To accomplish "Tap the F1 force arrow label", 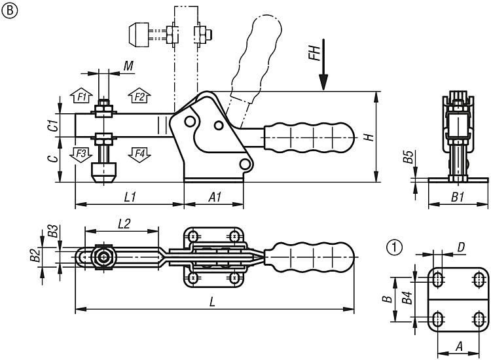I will pos(81,96).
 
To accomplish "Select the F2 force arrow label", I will pos(138,96).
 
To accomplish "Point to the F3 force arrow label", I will pos(81,154).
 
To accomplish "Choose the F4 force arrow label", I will pos(138,154).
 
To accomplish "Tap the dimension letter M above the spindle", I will pos(128,66).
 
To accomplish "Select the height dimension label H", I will pos(368,137).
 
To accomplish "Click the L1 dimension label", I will pos(128,196).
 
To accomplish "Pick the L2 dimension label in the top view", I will pos(124,223).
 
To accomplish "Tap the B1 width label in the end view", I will pos(458,196).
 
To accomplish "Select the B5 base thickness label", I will pos(408,157).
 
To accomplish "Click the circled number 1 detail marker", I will pos(393,247).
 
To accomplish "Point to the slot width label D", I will pos(461,247).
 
